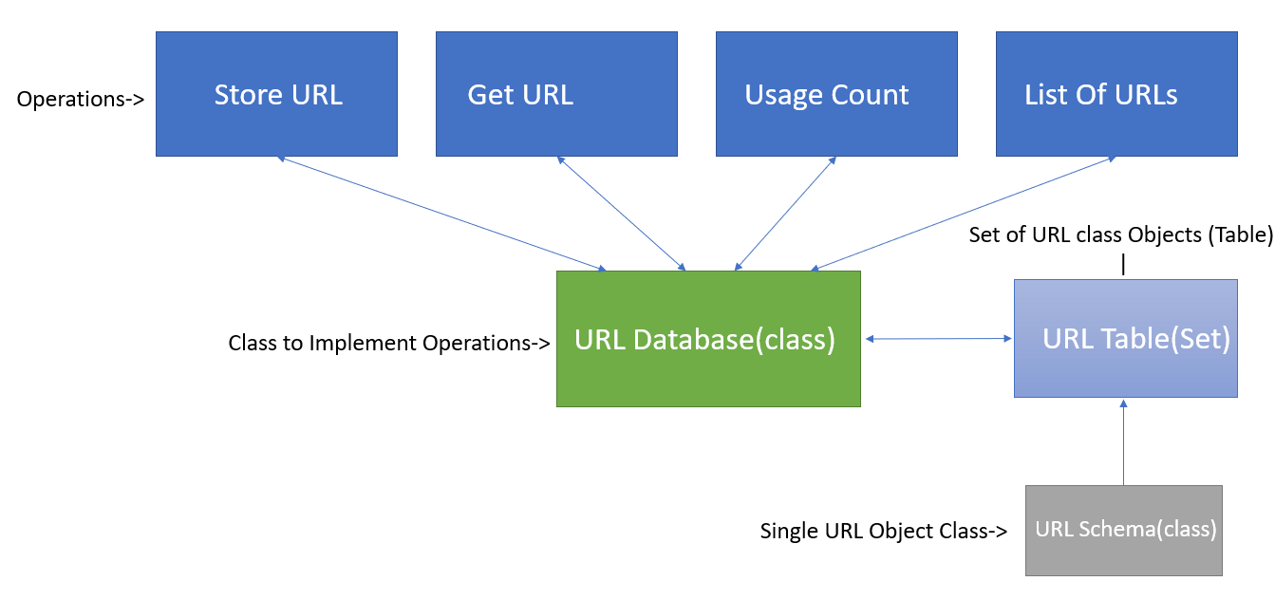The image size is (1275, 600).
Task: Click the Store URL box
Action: (x=276, y=94)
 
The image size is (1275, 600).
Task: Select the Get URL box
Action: (x=556, y=94)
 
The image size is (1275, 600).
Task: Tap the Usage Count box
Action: (x=836, y=94)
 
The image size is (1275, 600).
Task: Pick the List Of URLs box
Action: (x=1116, y=94)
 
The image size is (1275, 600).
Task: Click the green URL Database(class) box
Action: (x=708, y=339)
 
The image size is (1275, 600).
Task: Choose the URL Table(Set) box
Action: (x=1126, y=339)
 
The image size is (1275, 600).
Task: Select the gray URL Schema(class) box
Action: (x=1124, y=530)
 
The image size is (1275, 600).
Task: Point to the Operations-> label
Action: (x=81, y=99)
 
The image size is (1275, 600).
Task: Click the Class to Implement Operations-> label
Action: (x=389, y=343)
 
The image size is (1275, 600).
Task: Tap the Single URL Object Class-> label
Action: (x=883, y=531)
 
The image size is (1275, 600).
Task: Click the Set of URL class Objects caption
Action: (x=1120, y=234)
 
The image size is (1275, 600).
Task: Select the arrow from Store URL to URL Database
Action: (x=441, y=214)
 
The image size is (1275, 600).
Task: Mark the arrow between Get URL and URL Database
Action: (x=621, y=214)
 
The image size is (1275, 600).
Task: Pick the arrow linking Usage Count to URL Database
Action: (x=785, y=214)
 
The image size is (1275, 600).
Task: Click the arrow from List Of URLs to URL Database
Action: (x=964, y=214)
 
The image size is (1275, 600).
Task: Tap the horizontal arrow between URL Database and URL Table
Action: (x=937, y=339)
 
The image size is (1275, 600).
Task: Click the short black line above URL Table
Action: (x=1124, y=265)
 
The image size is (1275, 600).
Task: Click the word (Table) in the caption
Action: (x=1234, y=234)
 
